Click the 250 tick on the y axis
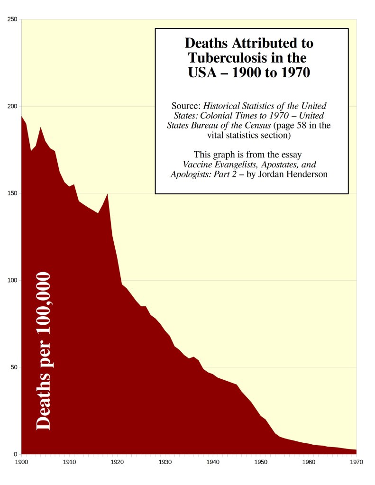tap(13, 19)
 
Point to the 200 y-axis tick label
tap(13, 106)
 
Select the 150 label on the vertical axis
tap(13, 193)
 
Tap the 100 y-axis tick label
tap(13, 280)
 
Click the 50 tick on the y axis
tap(14, 367)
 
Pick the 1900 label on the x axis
tap(22, 460)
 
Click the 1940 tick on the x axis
tap(213, 460)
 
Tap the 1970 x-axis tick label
tap(356, 460)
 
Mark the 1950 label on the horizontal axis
tap(261, 460)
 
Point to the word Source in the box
tap(186, 106)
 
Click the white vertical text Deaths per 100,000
tap(44, 351)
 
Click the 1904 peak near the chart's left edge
tap(41, 128)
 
